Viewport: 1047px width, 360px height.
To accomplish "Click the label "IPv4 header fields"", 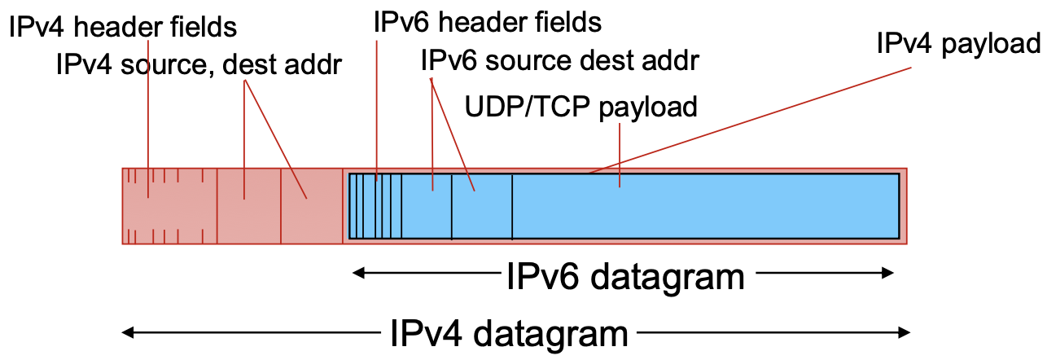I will click(123, 27).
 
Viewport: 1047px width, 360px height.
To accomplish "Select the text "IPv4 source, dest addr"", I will click(199, 64).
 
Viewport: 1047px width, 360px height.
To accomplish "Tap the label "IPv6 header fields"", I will click(487, 22).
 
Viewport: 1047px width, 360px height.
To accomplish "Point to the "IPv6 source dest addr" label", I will click(561, 59).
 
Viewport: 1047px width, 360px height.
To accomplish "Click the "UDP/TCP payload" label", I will click(580, 107).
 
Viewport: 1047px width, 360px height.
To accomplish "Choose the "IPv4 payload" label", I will click(959, 43).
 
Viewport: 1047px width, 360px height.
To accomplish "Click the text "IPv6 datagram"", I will click(625, 277).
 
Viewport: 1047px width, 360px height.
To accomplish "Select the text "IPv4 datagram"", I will click(509, 333).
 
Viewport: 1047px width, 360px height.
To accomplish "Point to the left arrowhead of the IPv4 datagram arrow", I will click(127, 331).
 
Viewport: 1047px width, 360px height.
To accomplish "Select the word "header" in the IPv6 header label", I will click(485, 22).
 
